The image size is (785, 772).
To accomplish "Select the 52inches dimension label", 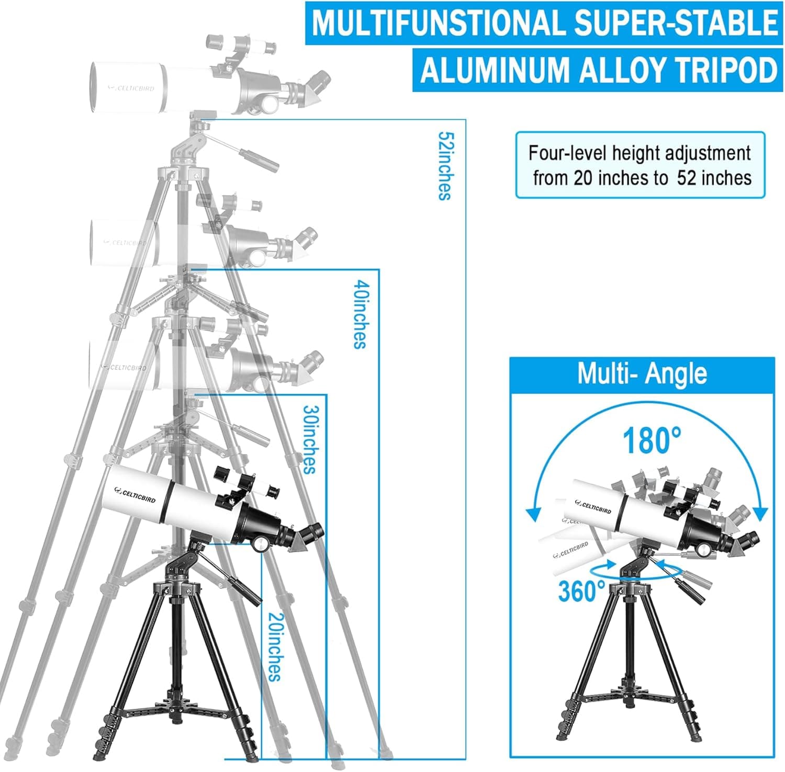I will (445, 166).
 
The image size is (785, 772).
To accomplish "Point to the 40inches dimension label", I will (360, 314).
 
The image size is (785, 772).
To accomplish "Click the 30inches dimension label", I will (310, 439).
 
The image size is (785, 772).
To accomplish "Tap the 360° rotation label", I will (581, 591).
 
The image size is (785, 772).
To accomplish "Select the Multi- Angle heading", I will (642, 373).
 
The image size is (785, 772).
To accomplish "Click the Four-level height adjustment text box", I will (641, 165).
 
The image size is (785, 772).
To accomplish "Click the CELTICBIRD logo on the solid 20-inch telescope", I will (138, 491).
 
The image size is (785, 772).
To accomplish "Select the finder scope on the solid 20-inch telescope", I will (246, 484).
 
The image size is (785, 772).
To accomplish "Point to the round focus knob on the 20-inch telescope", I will (260, 544).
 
